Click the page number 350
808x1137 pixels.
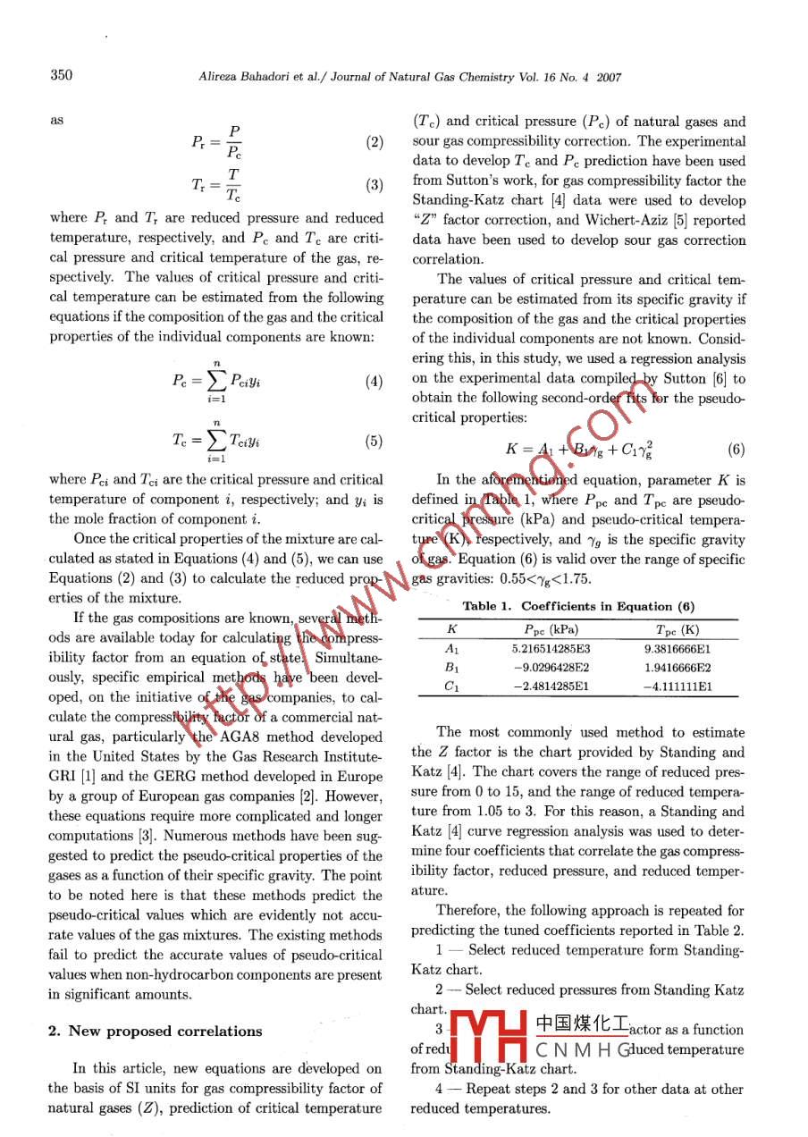click(61, 76)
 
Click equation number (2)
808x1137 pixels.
click(375, 143)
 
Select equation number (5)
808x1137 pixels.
click(375, 441)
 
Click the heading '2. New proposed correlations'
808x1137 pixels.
click(155, 1031)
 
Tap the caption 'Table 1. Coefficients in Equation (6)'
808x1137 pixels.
click(579, 606)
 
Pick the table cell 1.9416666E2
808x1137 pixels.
click(678, 668)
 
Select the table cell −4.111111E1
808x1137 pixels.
click(678, 687)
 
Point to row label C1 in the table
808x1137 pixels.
click(452, 687)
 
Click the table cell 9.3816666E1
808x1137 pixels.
click(678, 649)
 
